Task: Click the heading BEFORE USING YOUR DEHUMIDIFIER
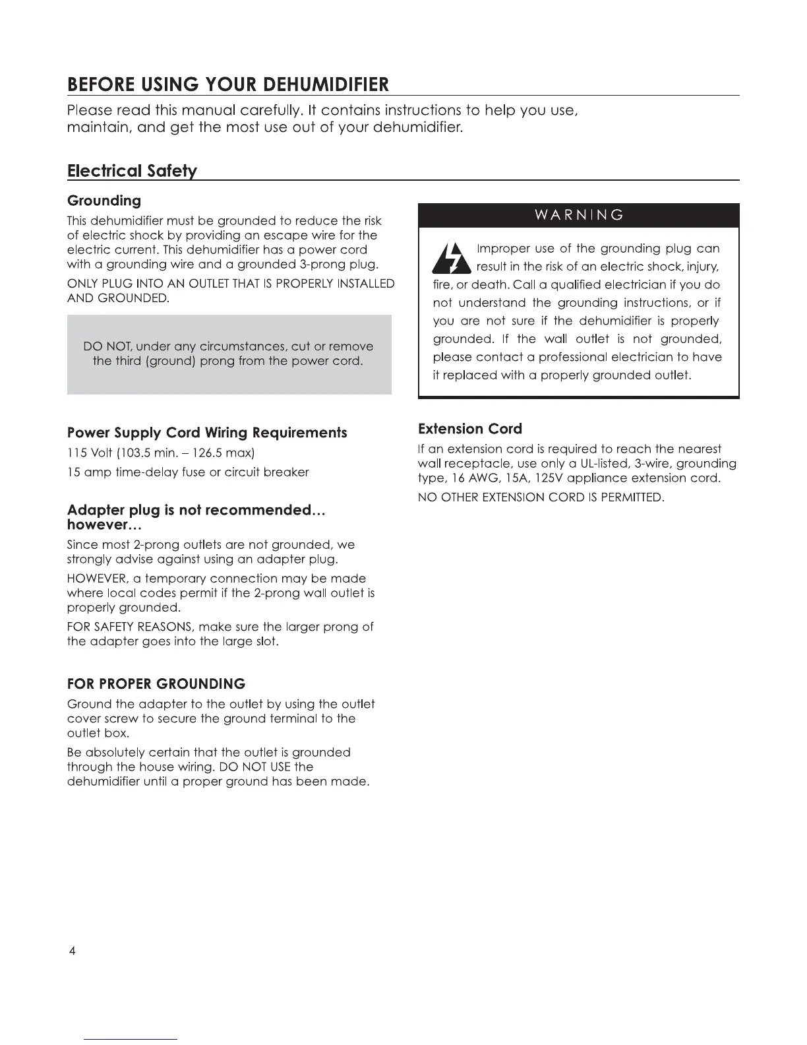coord(228,85)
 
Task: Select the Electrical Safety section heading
coord(132,171)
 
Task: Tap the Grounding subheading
coord(104,201)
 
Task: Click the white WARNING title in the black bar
coord(578,215)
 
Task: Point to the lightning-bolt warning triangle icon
coord(452,259)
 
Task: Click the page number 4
coord(72,951)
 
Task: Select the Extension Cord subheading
coord(470,429)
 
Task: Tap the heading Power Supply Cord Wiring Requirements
coord(207,433)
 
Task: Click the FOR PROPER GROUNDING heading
coord(156,683)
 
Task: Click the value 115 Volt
coord(90,453)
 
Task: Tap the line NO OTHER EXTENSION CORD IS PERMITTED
coord(541,497)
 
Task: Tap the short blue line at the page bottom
coord(131,1039)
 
